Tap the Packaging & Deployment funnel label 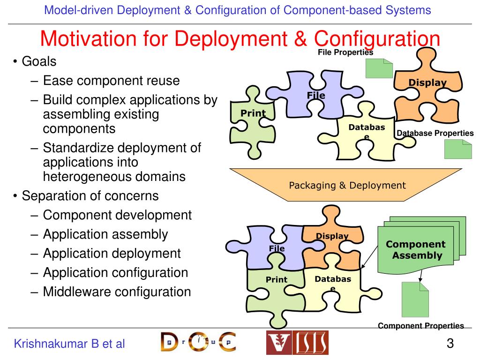coord(347,185)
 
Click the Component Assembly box coord(416,250)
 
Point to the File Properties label coord(345,52)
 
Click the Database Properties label coord(435,133)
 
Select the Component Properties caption coord(421,326)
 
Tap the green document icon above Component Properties coord(415,300)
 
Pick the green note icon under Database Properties coord(458,149)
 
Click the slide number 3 coord(450,344)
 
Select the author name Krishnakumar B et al coord(69,344)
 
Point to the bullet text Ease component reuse coord(111,81)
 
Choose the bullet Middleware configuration coord(117,292)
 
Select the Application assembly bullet coord(105,234)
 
